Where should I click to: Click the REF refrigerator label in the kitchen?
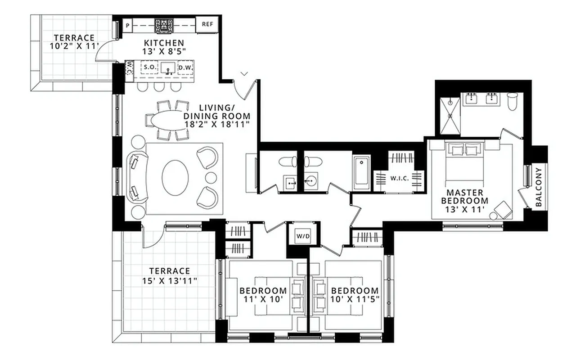tap(207, 25)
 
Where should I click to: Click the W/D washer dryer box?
tap(301, 235)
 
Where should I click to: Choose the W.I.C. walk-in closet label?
tap(399, 178)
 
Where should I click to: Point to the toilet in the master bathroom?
tap(512, 101)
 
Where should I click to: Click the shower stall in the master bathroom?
tap(450, 116)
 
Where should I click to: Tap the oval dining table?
tap(167, 120)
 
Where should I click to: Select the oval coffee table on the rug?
tap(174, 178)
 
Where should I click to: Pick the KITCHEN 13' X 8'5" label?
tap(164, 47)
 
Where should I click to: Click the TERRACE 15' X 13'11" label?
tap(170, 276)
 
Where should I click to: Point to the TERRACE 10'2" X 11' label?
tap(74, 42)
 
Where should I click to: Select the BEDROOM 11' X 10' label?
tap(263, 295)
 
